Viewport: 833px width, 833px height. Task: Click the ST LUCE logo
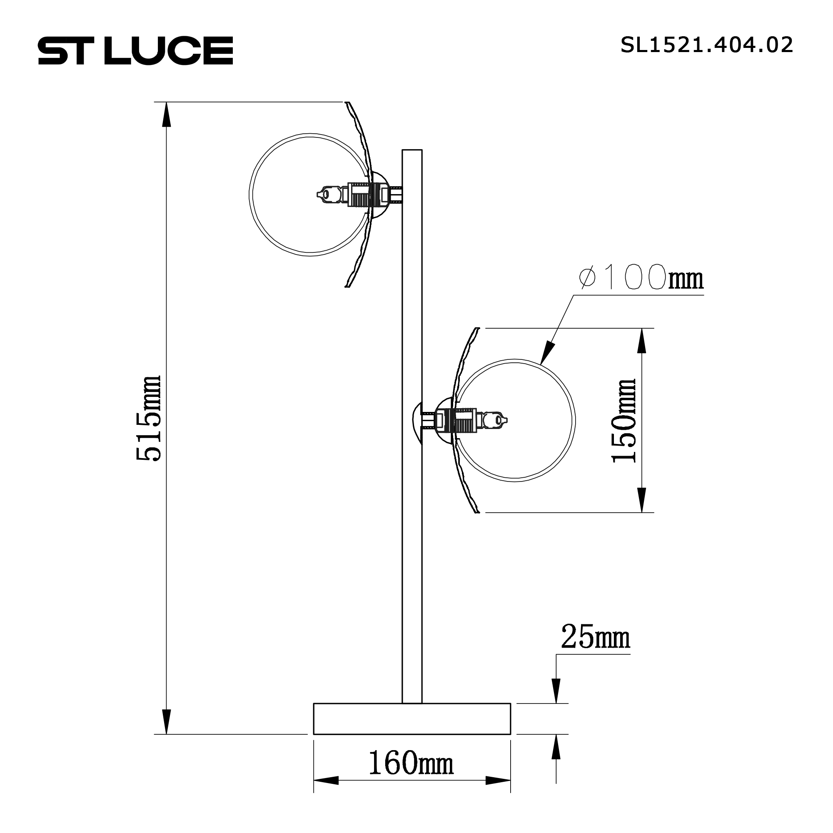click(x=135, y=50)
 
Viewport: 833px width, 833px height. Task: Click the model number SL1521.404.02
click(x=706, y=45)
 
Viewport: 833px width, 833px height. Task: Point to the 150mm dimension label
click(x=624, y=421)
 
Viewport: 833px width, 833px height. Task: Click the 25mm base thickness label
click(x=595, y=637)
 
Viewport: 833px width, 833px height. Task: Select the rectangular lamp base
click(x=412, y=718)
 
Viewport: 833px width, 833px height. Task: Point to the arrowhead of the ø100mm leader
click(x=546, y=354)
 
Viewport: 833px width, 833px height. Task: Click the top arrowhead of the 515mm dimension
click(x=167, y=115)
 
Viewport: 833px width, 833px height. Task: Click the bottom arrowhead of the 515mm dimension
click(x=167, y=721)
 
